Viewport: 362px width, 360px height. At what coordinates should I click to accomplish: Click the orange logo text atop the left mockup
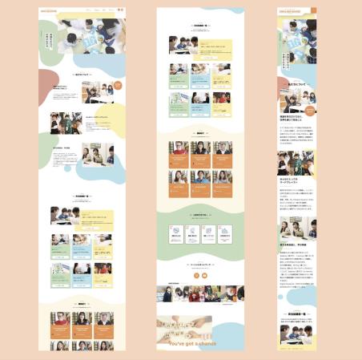[x=48, y=12]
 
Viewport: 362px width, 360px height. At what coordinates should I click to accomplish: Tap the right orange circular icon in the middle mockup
[x=204, y=277]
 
